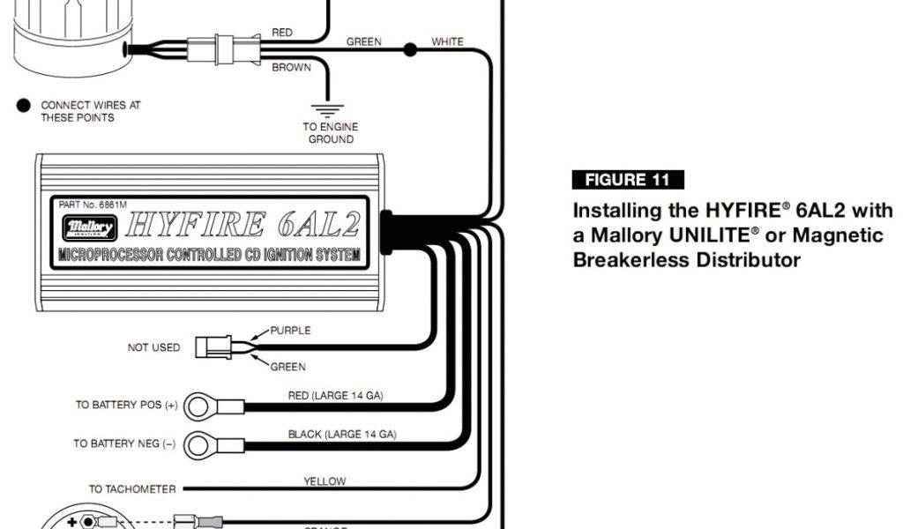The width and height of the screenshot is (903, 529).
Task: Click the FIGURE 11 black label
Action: (628, 180)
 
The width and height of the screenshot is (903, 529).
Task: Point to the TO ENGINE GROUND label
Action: (331, 133)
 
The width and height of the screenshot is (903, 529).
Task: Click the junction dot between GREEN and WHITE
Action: (409, 49)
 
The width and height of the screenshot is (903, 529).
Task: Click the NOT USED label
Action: (153, 347)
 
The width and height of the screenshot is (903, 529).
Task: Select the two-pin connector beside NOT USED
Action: (214, 347)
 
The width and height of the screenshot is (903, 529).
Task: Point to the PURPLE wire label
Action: (290, 331)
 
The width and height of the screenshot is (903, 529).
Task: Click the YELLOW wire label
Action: (325, 481)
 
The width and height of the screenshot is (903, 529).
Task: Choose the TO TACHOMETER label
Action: (132, 488)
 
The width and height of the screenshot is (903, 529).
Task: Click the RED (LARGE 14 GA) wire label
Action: (335, 395)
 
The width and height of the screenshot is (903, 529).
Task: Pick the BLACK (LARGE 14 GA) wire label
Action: (342, 434)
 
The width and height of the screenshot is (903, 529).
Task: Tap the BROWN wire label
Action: (291, 68)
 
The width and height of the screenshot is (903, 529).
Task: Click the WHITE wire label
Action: (447, 41)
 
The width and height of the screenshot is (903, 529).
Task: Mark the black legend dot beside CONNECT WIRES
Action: (24, 106)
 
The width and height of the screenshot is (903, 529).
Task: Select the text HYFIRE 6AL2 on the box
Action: (242, 226)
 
